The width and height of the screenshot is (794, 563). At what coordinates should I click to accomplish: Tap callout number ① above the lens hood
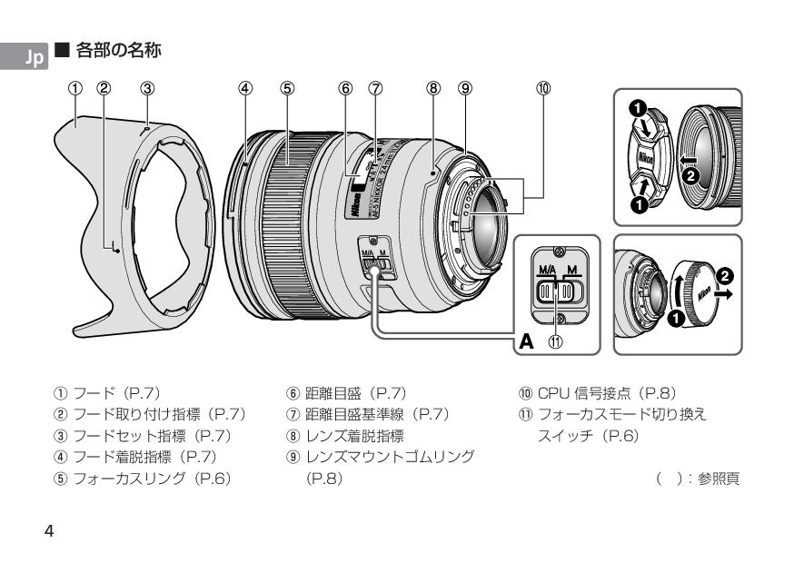[x=76, y=89]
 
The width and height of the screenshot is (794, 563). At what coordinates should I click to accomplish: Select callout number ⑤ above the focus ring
[x=286, y=89]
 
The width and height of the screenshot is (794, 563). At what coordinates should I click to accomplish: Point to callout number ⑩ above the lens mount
[x=542, y=89]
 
